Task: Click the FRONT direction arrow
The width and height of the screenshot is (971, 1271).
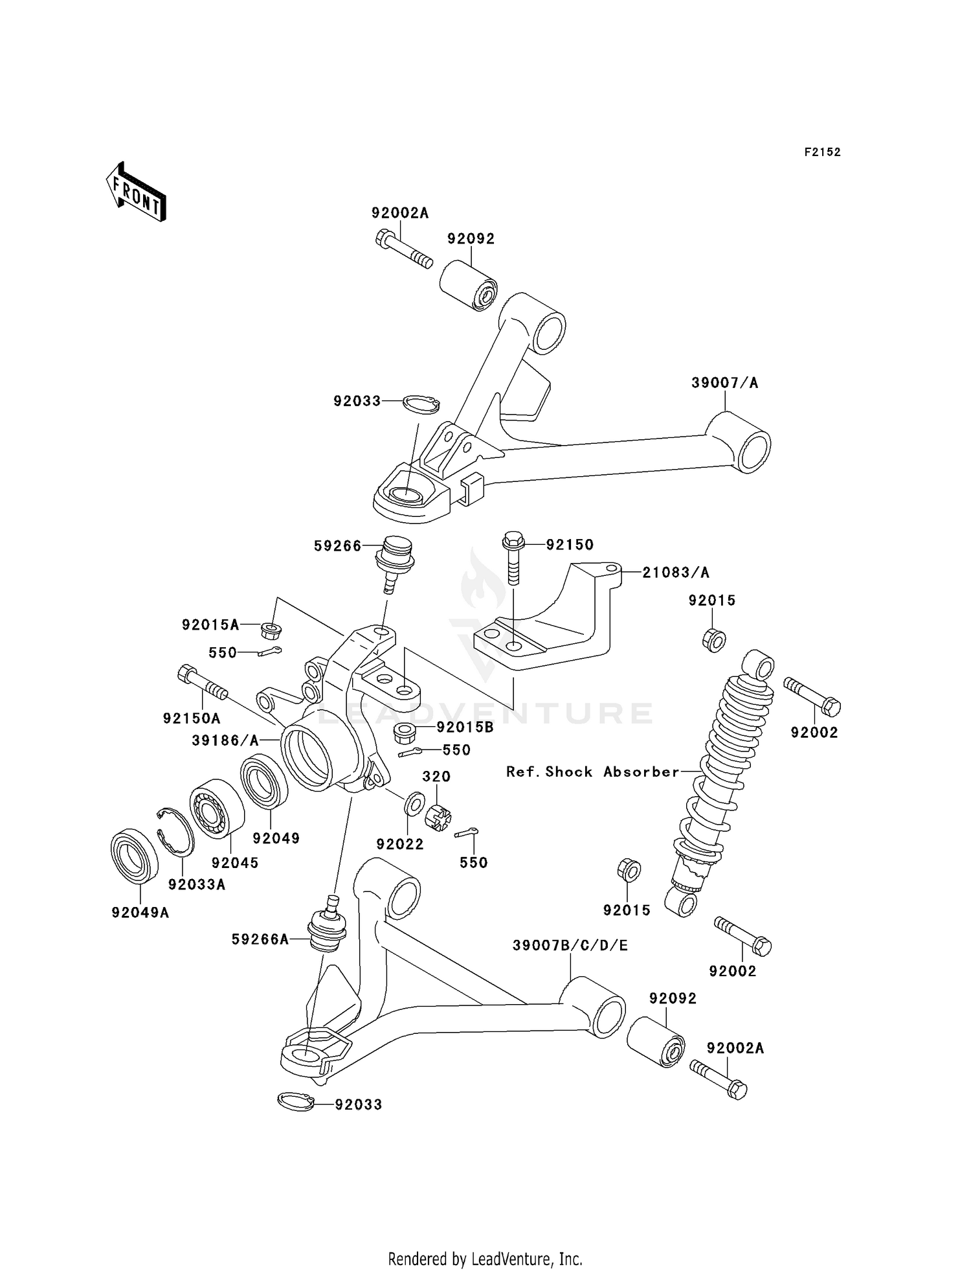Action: [x=136, y=193]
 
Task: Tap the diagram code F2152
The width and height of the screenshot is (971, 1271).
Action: [x=822, y=152]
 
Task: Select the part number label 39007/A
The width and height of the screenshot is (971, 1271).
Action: [x=724, y=383]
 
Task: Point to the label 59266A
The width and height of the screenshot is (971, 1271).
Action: [x=260, y=939]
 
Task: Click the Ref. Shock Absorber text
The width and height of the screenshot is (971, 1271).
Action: [x=592, y=772]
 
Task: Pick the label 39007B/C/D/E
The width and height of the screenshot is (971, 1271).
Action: [x=570, y=946]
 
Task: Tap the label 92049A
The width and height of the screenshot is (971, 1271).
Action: [x=140, y=913]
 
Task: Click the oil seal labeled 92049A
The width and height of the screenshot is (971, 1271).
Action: [x=135, y=855]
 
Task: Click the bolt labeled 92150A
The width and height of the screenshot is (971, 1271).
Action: [x=201, y=683]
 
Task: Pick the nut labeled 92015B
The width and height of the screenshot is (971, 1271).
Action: [x=405, y=733]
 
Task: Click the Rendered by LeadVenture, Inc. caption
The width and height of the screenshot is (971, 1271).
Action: [x=485, y=1259]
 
